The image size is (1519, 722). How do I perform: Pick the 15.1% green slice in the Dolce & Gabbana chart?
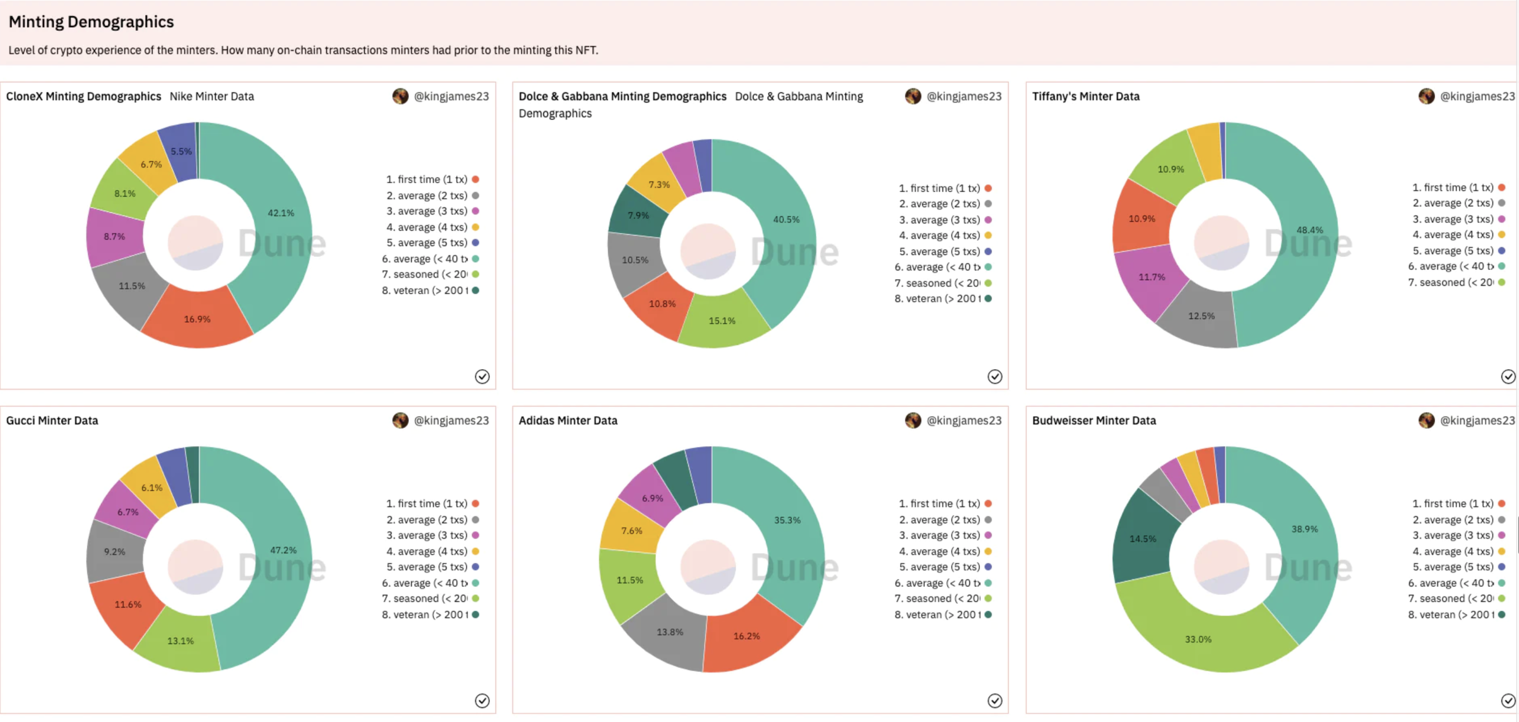click(722, 320)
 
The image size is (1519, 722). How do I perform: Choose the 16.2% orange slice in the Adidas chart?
click(746, 636)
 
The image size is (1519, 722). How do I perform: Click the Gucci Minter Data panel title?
click(52, 421)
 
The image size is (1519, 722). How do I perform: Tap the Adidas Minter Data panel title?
click(568, 421)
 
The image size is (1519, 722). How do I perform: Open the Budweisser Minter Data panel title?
click(1094, 421)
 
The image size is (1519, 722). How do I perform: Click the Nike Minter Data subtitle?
click(212, 96)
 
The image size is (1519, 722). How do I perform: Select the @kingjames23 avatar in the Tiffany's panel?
click(1427, 96)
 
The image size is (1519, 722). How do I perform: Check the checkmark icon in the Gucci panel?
click(482, 700)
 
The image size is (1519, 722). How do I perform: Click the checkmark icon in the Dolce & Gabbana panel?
click(995, 376)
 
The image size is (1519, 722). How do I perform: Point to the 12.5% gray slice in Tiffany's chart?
click(1201, 316)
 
